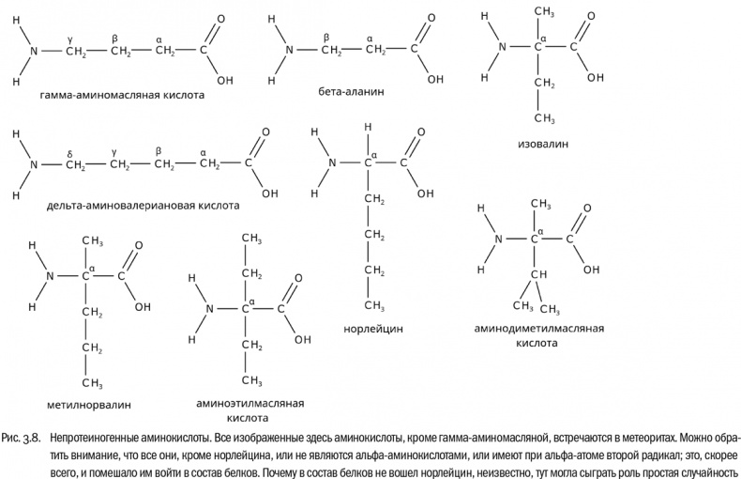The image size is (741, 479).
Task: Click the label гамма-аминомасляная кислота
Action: (123, 95)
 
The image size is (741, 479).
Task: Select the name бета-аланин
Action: (352, 94)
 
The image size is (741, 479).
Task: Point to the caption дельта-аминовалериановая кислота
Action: (130, 205)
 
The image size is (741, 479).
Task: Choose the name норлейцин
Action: (373, 329)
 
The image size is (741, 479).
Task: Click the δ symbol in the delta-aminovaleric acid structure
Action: (69, 151)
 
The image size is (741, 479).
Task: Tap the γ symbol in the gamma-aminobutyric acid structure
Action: (70, 38)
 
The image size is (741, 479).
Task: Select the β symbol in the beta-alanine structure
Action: (326, 38)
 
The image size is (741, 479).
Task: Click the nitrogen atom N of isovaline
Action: (503, 47)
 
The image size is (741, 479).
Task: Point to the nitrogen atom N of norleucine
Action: (331, 162)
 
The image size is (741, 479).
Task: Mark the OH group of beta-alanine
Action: (435, 79)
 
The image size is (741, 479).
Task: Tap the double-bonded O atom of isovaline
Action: (587, 16)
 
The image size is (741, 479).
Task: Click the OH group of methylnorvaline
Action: (143, 305)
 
